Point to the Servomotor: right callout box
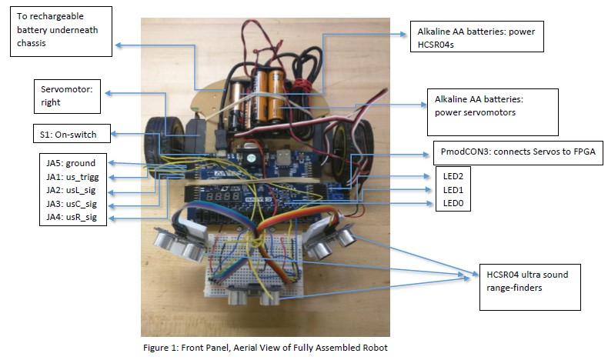click(71, 97)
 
